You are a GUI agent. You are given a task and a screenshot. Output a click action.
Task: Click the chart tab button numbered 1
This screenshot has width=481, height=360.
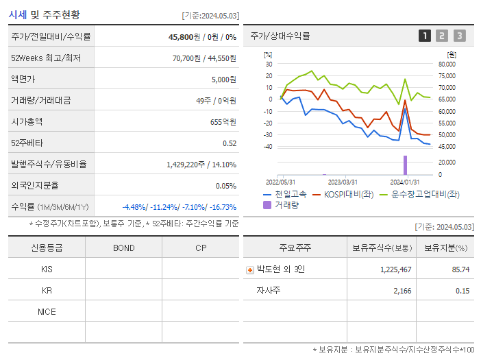coord(425,36)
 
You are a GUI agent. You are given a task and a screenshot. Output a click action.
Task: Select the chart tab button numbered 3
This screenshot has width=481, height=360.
coord(459,36)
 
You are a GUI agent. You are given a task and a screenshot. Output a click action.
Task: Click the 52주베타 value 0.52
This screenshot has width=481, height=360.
coord(230,143)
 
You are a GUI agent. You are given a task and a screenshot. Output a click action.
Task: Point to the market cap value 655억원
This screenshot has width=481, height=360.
coord(223,122)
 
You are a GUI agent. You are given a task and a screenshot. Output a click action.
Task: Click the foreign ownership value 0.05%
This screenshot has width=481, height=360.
coord(225,186)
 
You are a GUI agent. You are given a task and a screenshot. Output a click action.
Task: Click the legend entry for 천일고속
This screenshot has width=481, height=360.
coord(287,195)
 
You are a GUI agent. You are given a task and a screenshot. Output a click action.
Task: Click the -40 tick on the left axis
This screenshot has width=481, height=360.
coord(267,147)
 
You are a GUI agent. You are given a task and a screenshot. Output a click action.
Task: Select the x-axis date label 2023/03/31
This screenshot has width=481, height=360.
coord(343,182)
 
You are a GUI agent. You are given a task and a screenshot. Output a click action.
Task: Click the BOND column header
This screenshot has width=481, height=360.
coord(123,248)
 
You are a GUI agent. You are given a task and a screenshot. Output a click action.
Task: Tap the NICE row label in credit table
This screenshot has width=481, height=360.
coord(47,312)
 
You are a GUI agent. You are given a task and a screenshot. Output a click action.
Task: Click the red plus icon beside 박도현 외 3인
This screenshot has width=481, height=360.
coord(250,270)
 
